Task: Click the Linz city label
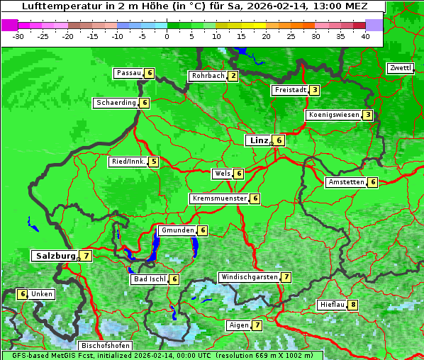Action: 259,140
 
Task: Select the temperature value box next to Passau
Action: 150,73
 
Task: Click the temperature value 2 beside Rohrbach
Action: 233,76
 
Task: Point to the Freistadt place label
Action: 290,90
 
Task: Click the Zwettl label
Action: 400,68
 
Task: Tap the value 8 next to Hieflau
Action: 353,305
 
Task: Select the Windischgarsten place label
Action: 249,277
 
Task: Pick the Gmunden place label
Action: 177,230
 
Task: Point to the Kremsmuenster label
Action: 219,198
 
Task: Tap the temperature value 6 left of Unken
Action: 23,294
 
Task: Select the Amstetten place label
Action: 346,182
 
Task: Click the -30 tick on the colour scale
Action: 18,36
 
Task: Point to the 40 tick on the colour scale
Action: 365,36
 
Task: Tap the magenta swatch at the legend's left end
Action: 10,25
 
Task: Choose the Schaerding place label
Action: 116,103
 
